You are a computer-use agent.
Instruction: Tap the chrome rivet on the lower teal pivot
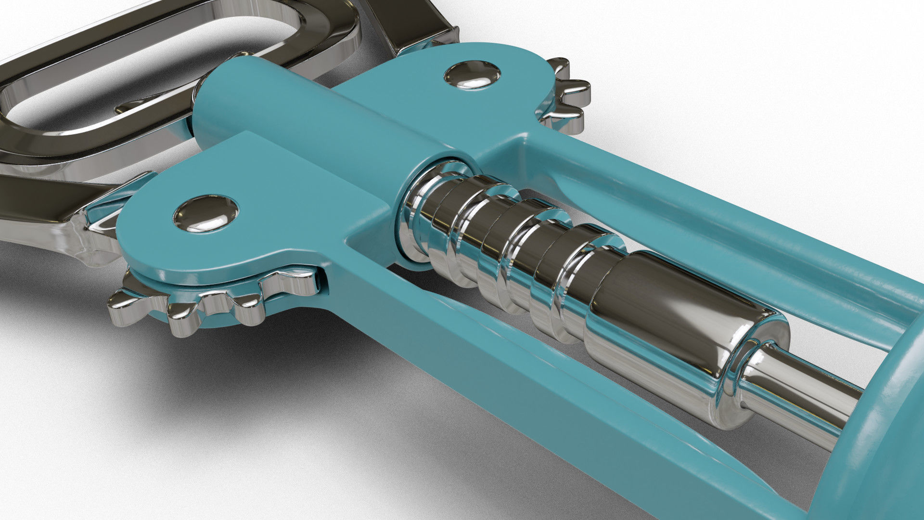coord(206,213)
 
